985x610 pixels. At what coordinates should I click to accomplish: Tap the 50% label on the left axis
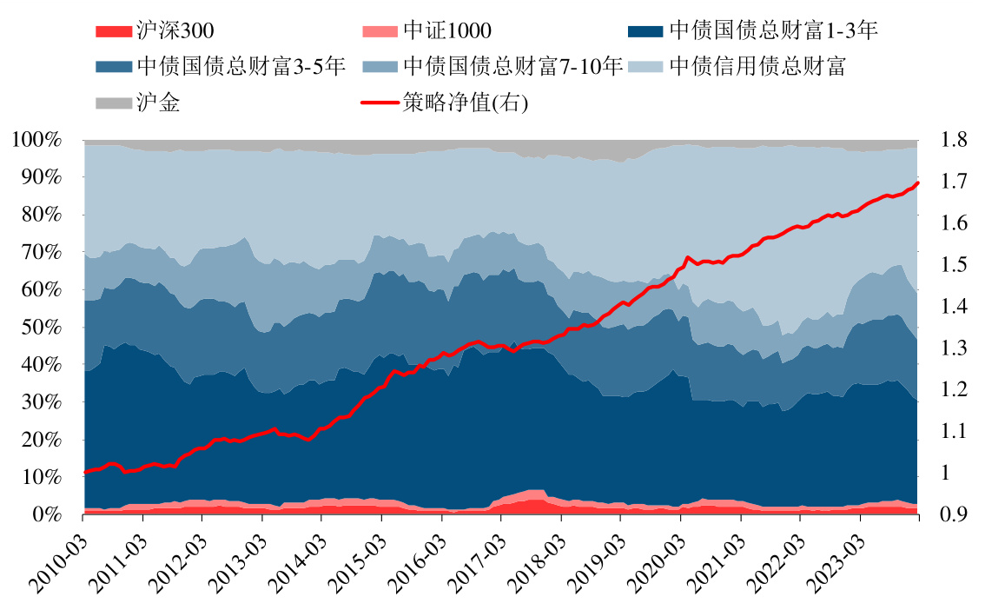[x=43, y=328]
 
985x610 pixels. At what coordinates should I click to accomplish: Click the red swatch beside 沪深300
[x=113, y=32]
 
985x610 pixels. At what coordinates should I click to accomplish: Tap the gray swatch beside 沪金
[x=113, y=103]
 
